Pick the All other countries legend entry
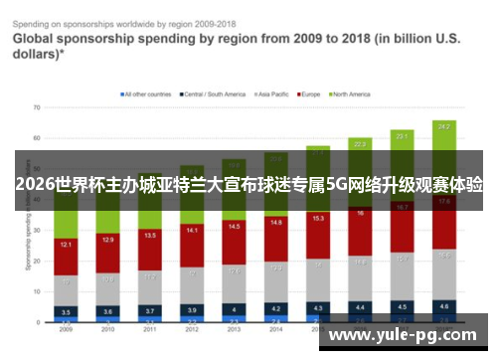coord(147,94)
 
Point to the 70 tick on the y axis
coord(36,106)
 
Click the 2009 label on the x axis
coord(66,329)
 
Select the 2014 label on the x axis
coord(275,329)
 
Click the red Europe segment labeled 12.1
coord(66,245)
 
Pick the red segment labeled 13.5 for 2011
coord(150,237)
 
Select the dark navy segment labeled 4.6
coord(443,305)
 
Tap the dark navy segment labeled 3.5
coord(66,311)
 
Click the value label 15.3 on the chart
coord(318,218)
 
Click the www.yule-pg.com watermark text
coord(404,336)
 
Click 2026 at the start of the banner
coord(35,185)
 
